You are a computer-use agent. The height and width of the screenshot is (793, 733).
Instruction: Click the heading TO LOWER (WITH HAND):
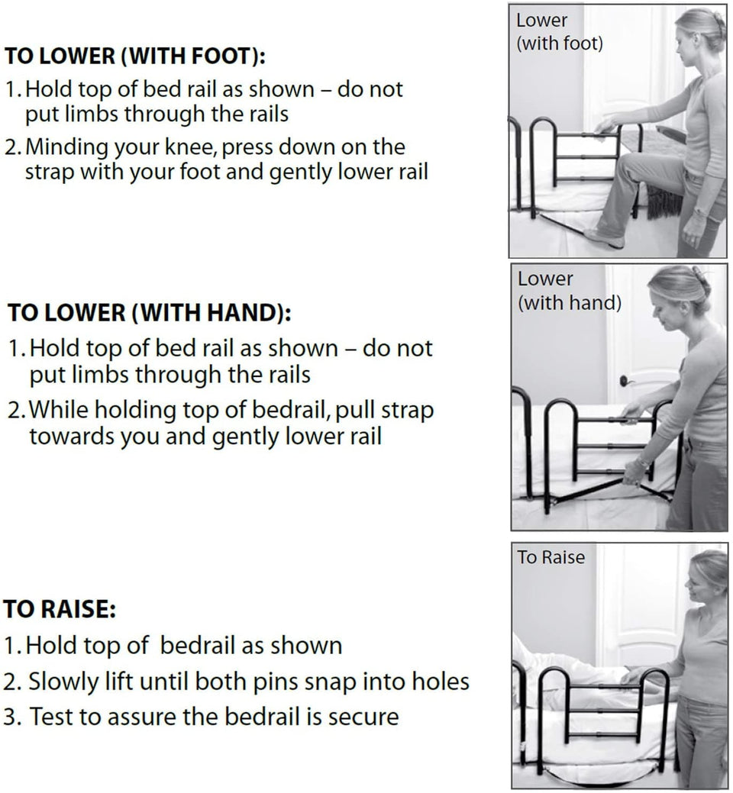(149, 314)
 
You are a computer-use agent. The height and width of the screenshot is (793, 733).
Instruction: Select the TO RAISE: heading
(58, 610)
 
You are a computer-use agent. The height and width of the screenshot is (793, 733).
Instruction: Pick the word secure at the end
(363, 717)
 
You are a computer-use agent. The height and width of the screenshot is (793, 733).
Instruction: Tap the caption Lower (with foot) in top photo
(559, 32)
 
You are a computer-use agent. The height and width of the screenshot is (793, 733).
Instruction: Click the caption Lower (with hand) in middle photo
(569, 291)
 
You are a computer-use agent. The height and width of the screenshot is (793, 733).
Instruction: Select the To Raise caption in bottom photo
(551, 557)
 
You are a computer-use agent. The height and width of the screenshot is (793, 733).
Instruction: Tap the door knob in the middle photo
(624, 380)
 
